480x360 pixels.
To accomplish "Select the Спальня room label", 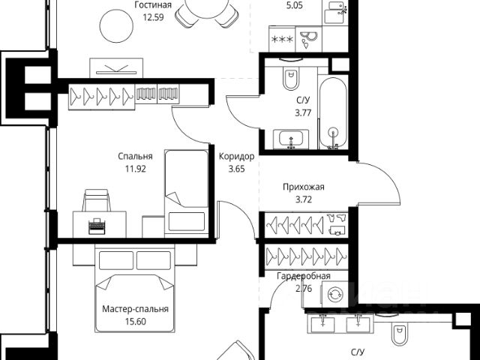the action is point(135,157).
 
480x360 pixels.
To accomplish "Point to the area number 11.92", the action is point(135,169).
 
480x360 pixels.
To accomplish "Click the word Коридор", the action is point(236,157).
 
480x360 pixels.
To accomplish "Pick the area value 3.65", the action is point(236,169).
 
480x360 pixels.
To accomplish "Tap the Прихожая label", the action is point(304,187).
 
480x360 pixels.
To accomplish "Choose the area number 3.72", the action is point(304,199).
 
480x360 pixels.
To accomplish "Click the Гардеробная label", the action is point(303,276).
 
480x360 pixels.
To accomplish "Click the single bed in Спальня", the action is point(185,190).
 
